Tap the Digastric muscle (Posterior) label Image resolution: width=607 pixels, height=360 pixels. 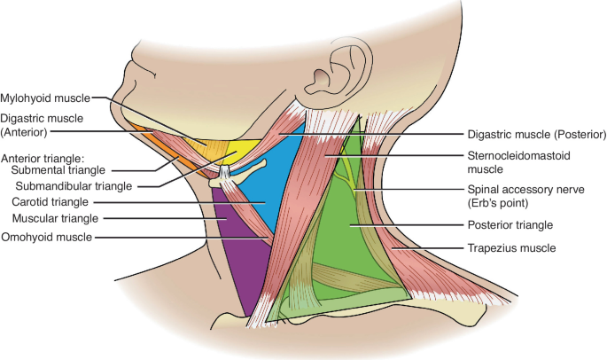pyautogui.click(x=535, y=136)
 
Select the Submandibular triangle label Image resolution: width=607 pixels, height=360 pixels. pyautogui.click(x=74, y=186)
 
